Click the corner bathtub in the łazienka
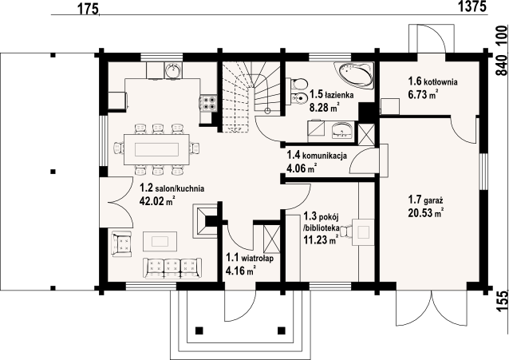[x=355, y=75]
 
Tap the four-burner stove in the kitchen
[x=208, y=103]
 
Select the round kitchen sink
[x=173, y=70]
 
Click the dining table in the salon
[x=157, y=150]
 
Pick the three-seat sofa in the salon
[x=172, y=268]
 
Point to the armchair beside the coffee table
[x=122, y=243]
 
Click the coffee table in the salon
[x=160, y=241]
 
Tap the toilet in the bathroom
[x=297, y=84]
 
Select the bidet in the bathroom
[x=298, y=97]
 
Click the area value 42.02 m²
[x=157, y=201]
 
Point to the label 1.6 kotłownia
[x=432, y=81]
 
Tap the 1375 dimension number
[x=472, y=6]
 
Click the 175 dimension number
[x=88, y=9]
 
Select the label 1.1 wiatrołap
[x=250, y=259]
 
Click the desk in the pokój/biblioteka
[x=363, y=232]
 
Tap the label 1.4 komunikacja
[x=317, y=156]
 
